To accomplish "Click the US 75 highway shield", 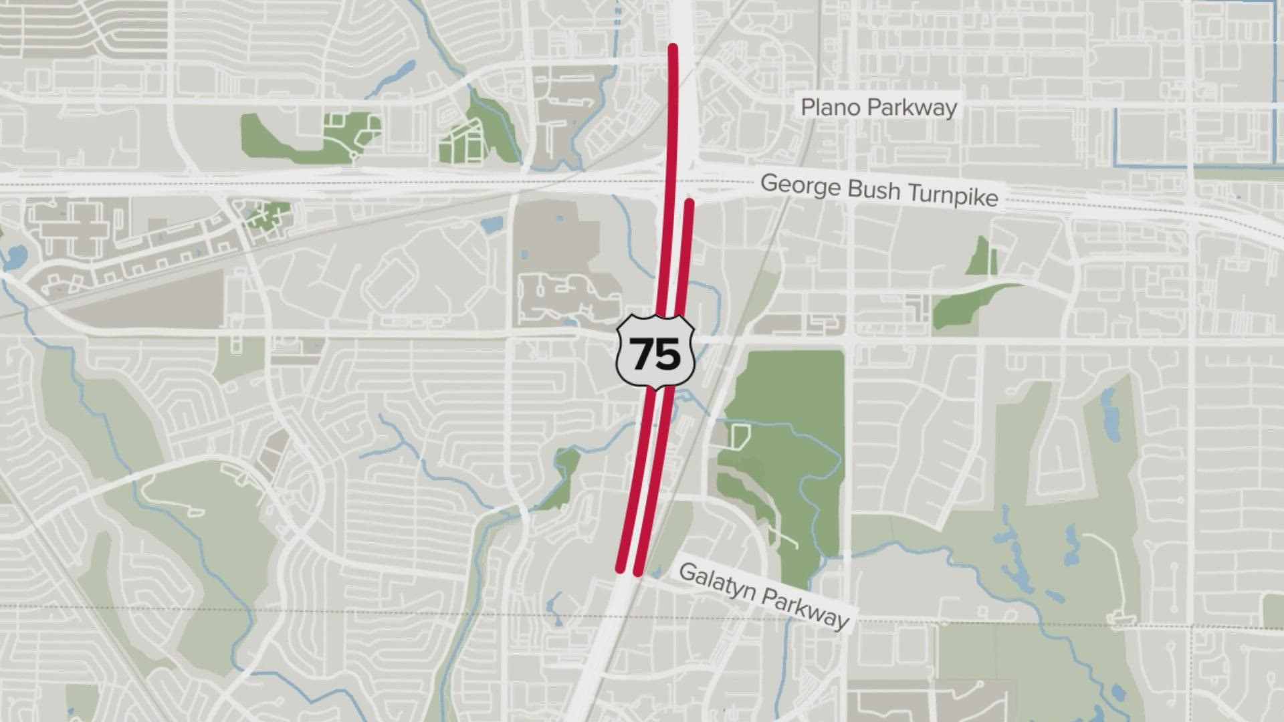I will (x=655, y=353).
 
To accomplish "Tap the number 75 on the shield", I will (x=655, y=354).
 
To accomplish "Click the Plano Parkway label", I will (x=879, y=108).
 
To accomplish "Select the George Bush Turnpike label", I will (x=879, y=190).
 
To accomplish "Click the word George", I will (x=800, y=185).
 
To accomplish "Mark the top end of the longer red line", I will (x=673, y=47).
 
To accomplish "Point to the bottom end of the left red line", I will (x=620, y=570).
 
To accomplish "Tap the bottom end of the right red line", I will (x=638, y=572).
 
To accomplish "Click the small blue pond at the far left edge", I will (x=15, y=257).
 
